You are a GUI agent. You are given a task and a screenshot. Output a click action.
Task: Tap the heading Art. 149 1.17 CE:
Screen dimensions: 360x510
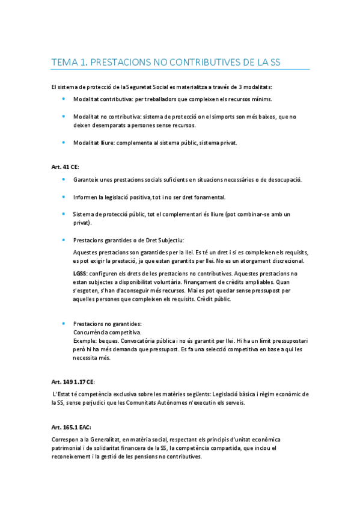click(73, 381)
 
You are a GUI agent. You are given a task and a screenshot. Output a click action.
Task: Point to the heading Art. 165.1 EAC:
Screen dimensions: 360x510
click(71, 425)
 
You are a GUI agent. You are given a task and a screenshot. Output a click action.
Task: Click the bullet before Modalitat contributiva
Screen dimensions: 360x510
click(65, 99)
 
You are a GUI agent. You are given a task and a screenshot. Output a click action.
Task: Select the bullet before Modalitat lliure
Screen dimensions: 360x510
click(65, 143)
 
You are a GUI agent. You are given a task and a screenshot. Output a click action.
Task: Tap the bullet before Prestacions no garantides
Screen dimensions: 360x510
click(65, 324)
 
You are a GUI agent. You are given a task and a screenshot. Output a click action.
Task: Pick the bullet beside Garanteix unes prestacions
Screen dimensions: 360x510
click(65, 180)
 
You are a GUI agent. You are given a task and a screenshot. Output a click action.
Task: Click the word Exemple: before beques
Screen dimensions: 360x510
click(85, 340)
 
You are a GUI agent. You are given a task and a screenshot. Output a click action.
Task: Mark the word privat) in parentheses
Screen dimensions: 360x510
click(82, 223)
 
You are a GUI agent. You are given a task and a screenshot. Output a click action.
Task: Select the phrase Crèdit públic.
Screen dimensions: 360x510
click(211, 299)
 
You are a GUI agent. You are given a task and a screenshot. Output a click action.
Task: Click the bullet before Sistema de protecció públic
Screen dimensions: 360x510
click(65, 214)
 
